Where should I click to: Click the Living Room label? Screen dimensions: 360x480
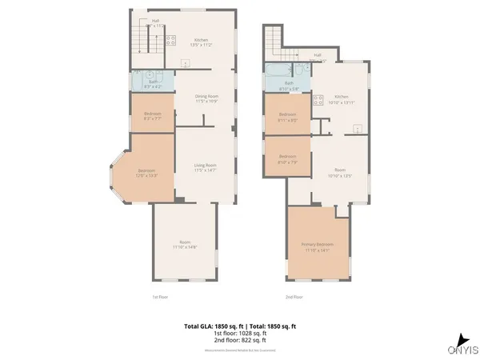(206, 167)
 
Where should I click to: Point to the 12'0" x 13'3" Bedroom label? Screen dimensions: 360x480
(147, 173)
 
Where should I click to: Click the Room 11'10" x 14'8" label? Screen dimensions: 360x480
(184, 245)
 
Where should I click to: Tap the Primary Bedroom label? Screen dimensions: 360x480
(318, 246)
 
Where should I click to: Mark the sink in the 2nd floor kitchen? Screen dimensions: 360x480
(358, 128)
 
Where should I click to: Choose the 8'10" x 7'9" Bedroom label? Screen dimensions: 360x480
(287, 158)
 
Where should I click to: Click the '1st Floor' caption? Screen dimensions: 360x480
(160, 297)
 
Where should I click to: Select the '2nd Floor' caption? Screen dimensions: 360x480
(294, 297)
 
